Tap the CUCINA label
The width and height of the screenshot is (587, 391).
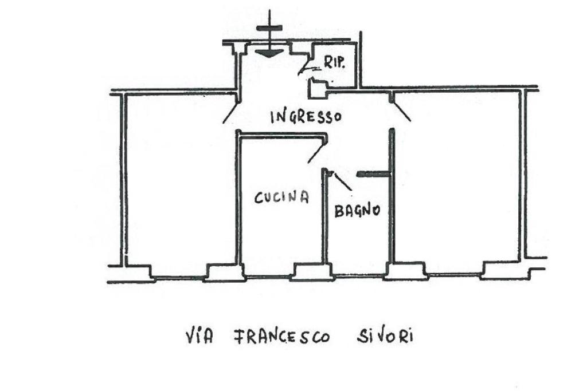(x=281, y=198)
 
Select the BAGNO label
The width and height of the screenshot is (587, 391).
(x=357, y=210)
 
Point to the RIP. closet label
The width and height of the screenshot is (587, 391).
(x=334, y=62)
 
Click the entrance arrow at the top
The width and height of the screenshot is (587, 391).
(x=269, y=52)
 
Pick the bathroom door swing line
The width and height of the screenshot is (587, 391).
(x=342, y=181)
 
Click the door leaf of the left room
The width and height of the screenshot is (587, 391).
(x=230, y=113)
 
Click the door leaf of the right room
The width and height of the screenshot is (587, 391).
(x=402, y=112)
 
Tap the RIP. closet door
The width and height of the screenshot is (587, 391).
(x=304, y=69)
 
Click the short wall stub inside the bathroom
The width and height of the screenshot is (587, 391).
(x=373, y=173)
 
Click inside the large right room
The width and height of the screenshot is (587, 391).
(x=459, y=183)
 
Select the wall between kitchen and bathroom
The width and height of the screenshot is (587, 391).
(x=324, y=223)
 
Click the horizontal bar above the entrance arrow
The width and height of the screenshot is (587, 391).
(x=269, y=28)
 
